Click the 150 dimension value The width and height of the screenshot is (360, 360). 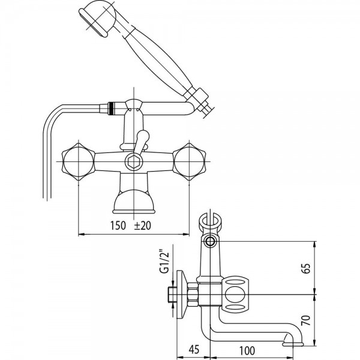(x=118, y=226)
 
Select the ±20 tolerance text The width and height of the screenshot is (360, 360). (x=142, y=226)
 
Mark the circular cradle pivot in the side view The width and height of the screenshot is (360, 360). (x=209, y=242)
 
